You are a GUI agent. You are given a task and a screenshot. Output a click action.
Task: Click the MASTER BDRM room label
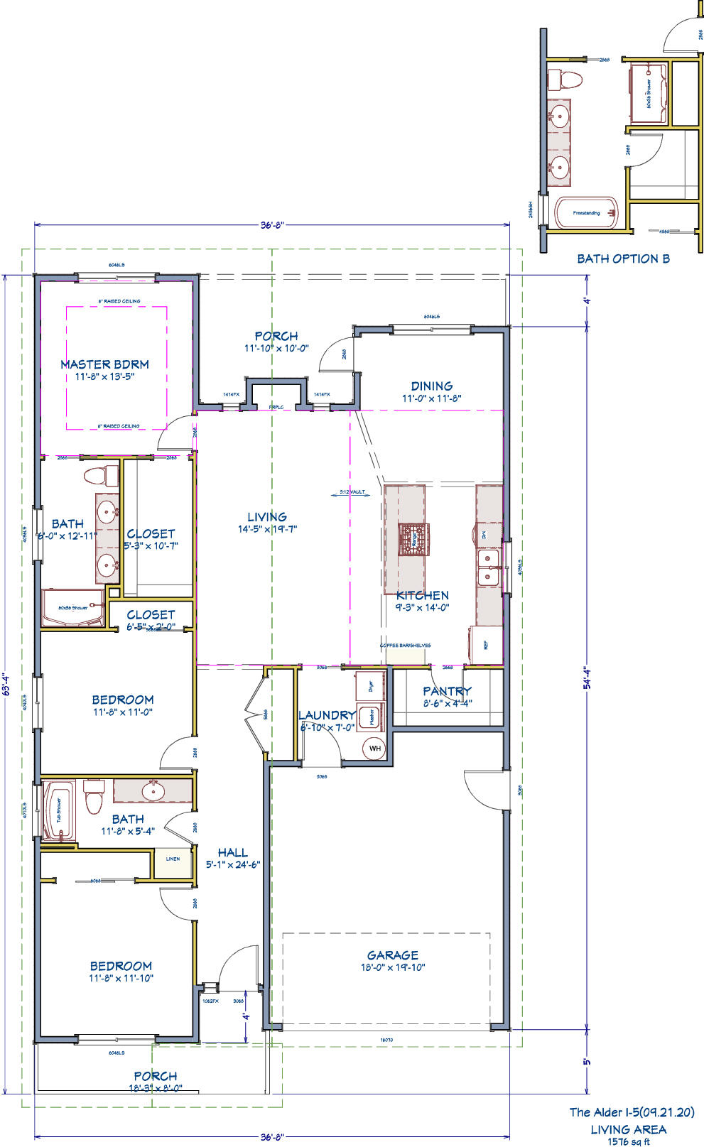pyautogui.click(x=104, y=364)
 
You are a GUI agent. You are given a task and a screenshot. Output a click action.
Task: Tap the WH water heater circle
pyautogui.click(x=374, y=749)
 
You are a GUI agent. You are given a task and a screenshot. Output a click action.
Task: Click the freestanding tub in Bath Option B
pyautogui.click(x=587, y=212)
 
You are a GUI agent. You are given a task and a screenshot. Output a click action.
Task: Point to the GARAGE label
pyautogui.click(x=392, y=955)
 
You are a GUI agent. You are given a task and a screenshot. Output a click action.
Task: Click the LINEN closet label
pyautogui.click(x=173, y=859)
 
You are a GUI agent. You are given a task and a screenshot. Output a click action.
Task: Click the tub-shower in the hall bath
pyautogui.click(x=59, y=811)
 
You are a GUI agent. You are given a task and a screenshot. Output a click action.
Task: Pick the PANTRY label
pyautogui.click(x=447, y=691)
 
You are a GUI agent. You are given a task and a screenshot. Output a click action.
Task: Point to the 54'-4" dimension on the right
pyautogui.click(x=587, y=687)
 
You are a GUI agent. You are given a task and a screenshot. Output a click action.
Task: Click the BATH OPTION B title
pyautogui.click(x=623, y=259)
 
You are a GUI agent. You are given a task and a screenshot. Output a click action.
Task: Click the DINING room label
pyautogui.click(x=431, y=386)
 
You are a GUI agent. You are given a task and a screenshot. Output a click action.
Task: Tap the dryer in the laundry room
pyautogui.click(x=370, y=686)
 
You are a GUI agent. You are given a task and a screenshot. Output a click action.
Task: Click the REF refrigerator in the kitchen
pyautogui.click(x=486, y=646)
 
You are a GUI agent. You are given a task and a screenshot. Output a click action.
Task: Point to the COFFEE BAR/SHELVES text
pyautogui.click(x=405, y=646)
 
